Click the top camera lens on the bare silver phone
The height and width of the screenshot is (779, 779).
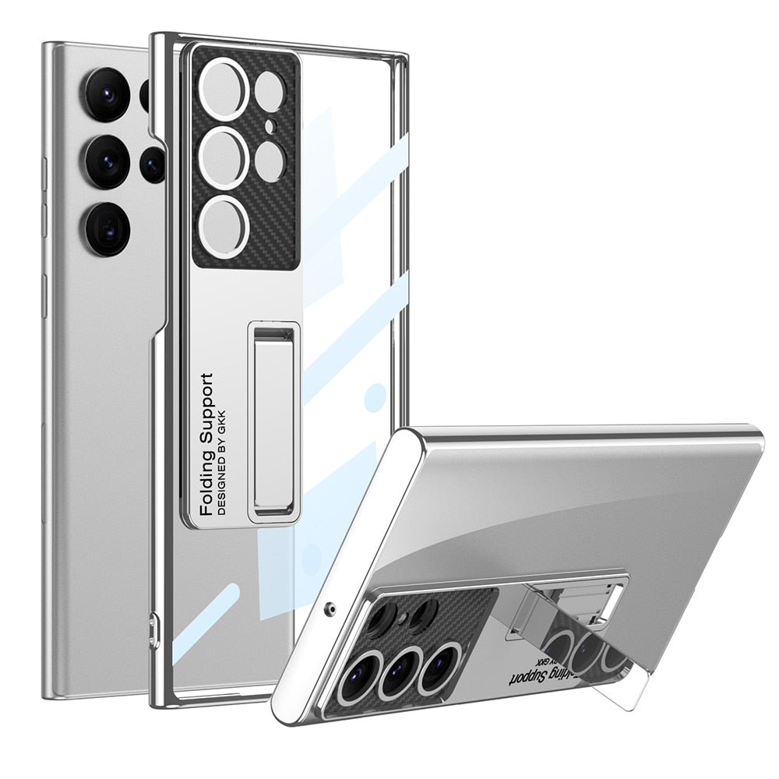pyautogui.click(x=107, y=94)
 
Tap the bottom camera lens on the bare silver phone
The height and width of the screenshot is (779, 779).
pyautogui.click(x=108, y=228)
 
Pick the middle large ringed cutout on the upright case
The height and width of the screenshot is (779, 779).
pyautogui.click(x=224, y=158)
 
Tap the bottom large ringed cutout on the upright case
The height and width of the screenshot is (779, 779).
pyautogui.click(x=224, y=224)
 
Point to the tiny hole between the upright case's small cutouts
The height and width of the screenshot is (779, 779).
pyautogui.click(x=270, y=125)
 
